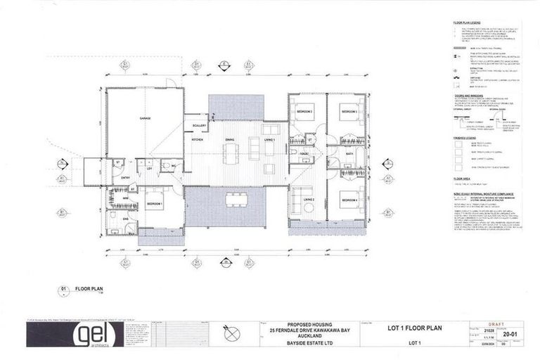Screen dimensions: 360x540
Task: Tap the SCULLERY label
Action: pos(198,125)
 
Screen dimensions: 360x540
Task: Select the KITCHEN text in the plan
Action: pos(198,140)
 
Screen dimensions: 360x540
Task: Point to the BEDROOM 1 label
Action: pos(155,203)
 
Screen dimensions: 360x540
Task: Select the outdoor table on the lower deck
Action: pos(235,199)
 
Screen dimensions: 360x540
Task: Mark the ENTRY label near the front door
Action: pos(125,177)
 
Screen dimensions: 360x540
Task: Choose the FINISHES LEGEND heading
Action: pos(466,139)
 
